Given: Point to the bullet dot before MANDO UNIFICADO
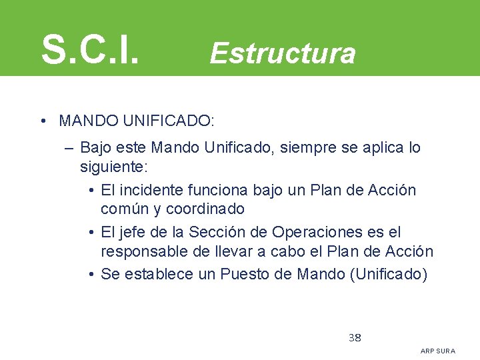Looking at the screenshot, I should [x=42, y=121].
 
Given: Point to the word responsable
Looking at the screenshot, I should [x=142, y=251].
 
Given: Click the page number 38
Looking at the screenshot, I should [x=355, y=337].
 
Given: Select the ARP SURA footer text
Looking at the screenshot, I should [x=438, y=351].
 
